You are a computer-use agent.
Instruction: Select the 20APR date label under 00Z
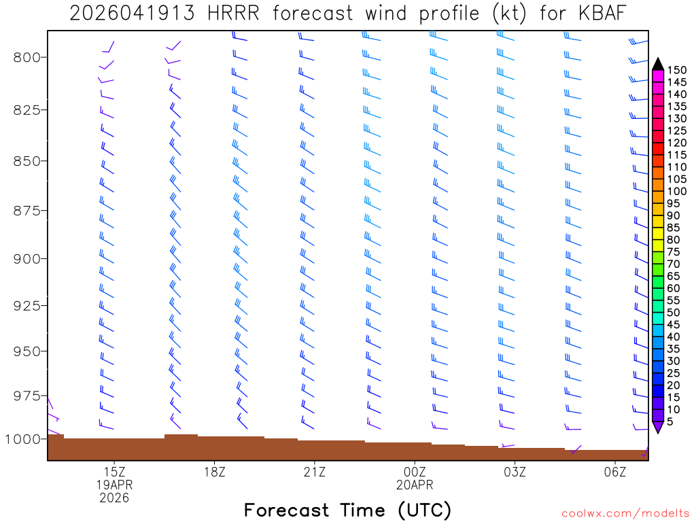pos(415,485)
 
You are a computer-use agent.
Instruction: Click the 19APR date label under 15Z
pos(114,485)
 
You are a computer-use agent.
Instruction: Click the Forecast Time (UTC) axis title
pos(347,510)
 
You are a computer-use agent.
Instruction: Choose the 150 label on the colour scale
pos(677,69)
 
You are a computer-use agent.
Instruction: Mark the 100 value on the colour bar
pos(677,179)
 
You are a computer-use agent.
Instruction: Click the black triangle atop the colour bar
pos(658,64)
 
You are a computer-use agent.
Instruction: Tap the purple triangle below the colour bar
pos(658,427)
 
